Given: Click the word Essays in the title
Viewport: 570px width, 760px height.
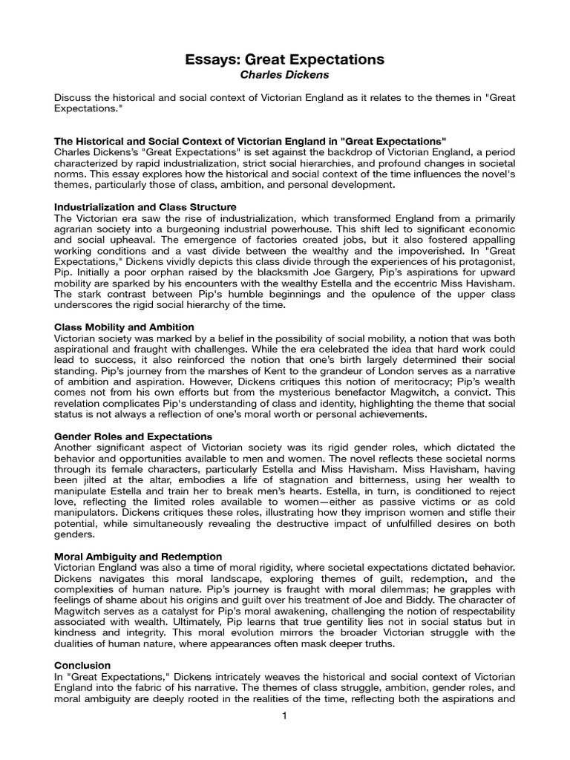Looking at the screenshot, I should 210,59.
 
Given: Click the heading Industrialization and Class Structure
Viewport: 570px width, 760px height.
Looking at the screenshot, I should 145,207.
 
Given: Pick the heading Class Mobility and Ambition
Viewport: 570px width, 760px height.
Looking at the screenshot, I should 125,327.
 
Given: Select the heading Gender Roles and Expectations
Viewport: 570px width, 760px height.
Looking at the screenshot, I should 134,436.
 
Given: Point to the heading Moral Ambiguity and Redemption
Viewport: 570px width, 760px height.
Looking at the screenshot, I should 139,556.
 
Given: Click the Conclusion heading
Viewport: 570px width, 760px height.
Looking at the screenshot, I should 83,666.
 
